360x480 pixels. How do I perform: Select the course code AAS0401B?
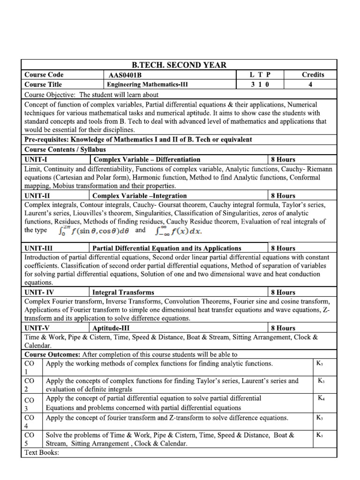[x=121, y=75]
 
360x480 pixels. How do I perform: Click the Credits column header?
[x=313, y=75]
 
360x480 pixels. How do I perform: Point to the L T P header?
[x=260, y=75]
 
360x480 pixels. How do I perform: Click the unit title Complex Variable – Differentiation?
[x=147, y=159]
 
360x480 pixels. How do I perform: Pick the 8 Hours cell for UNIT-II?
[x=283, y=195]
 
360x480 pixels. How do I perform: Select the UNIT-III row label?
[x=40, y=248]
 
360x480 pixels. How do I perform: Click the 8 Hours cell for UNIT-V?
[x=283, y=328]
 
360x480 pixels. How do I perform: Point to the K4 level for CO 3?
[x=321, y=398]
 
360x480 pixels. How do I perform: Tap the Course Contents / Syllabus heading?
[x=65, y=150]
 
